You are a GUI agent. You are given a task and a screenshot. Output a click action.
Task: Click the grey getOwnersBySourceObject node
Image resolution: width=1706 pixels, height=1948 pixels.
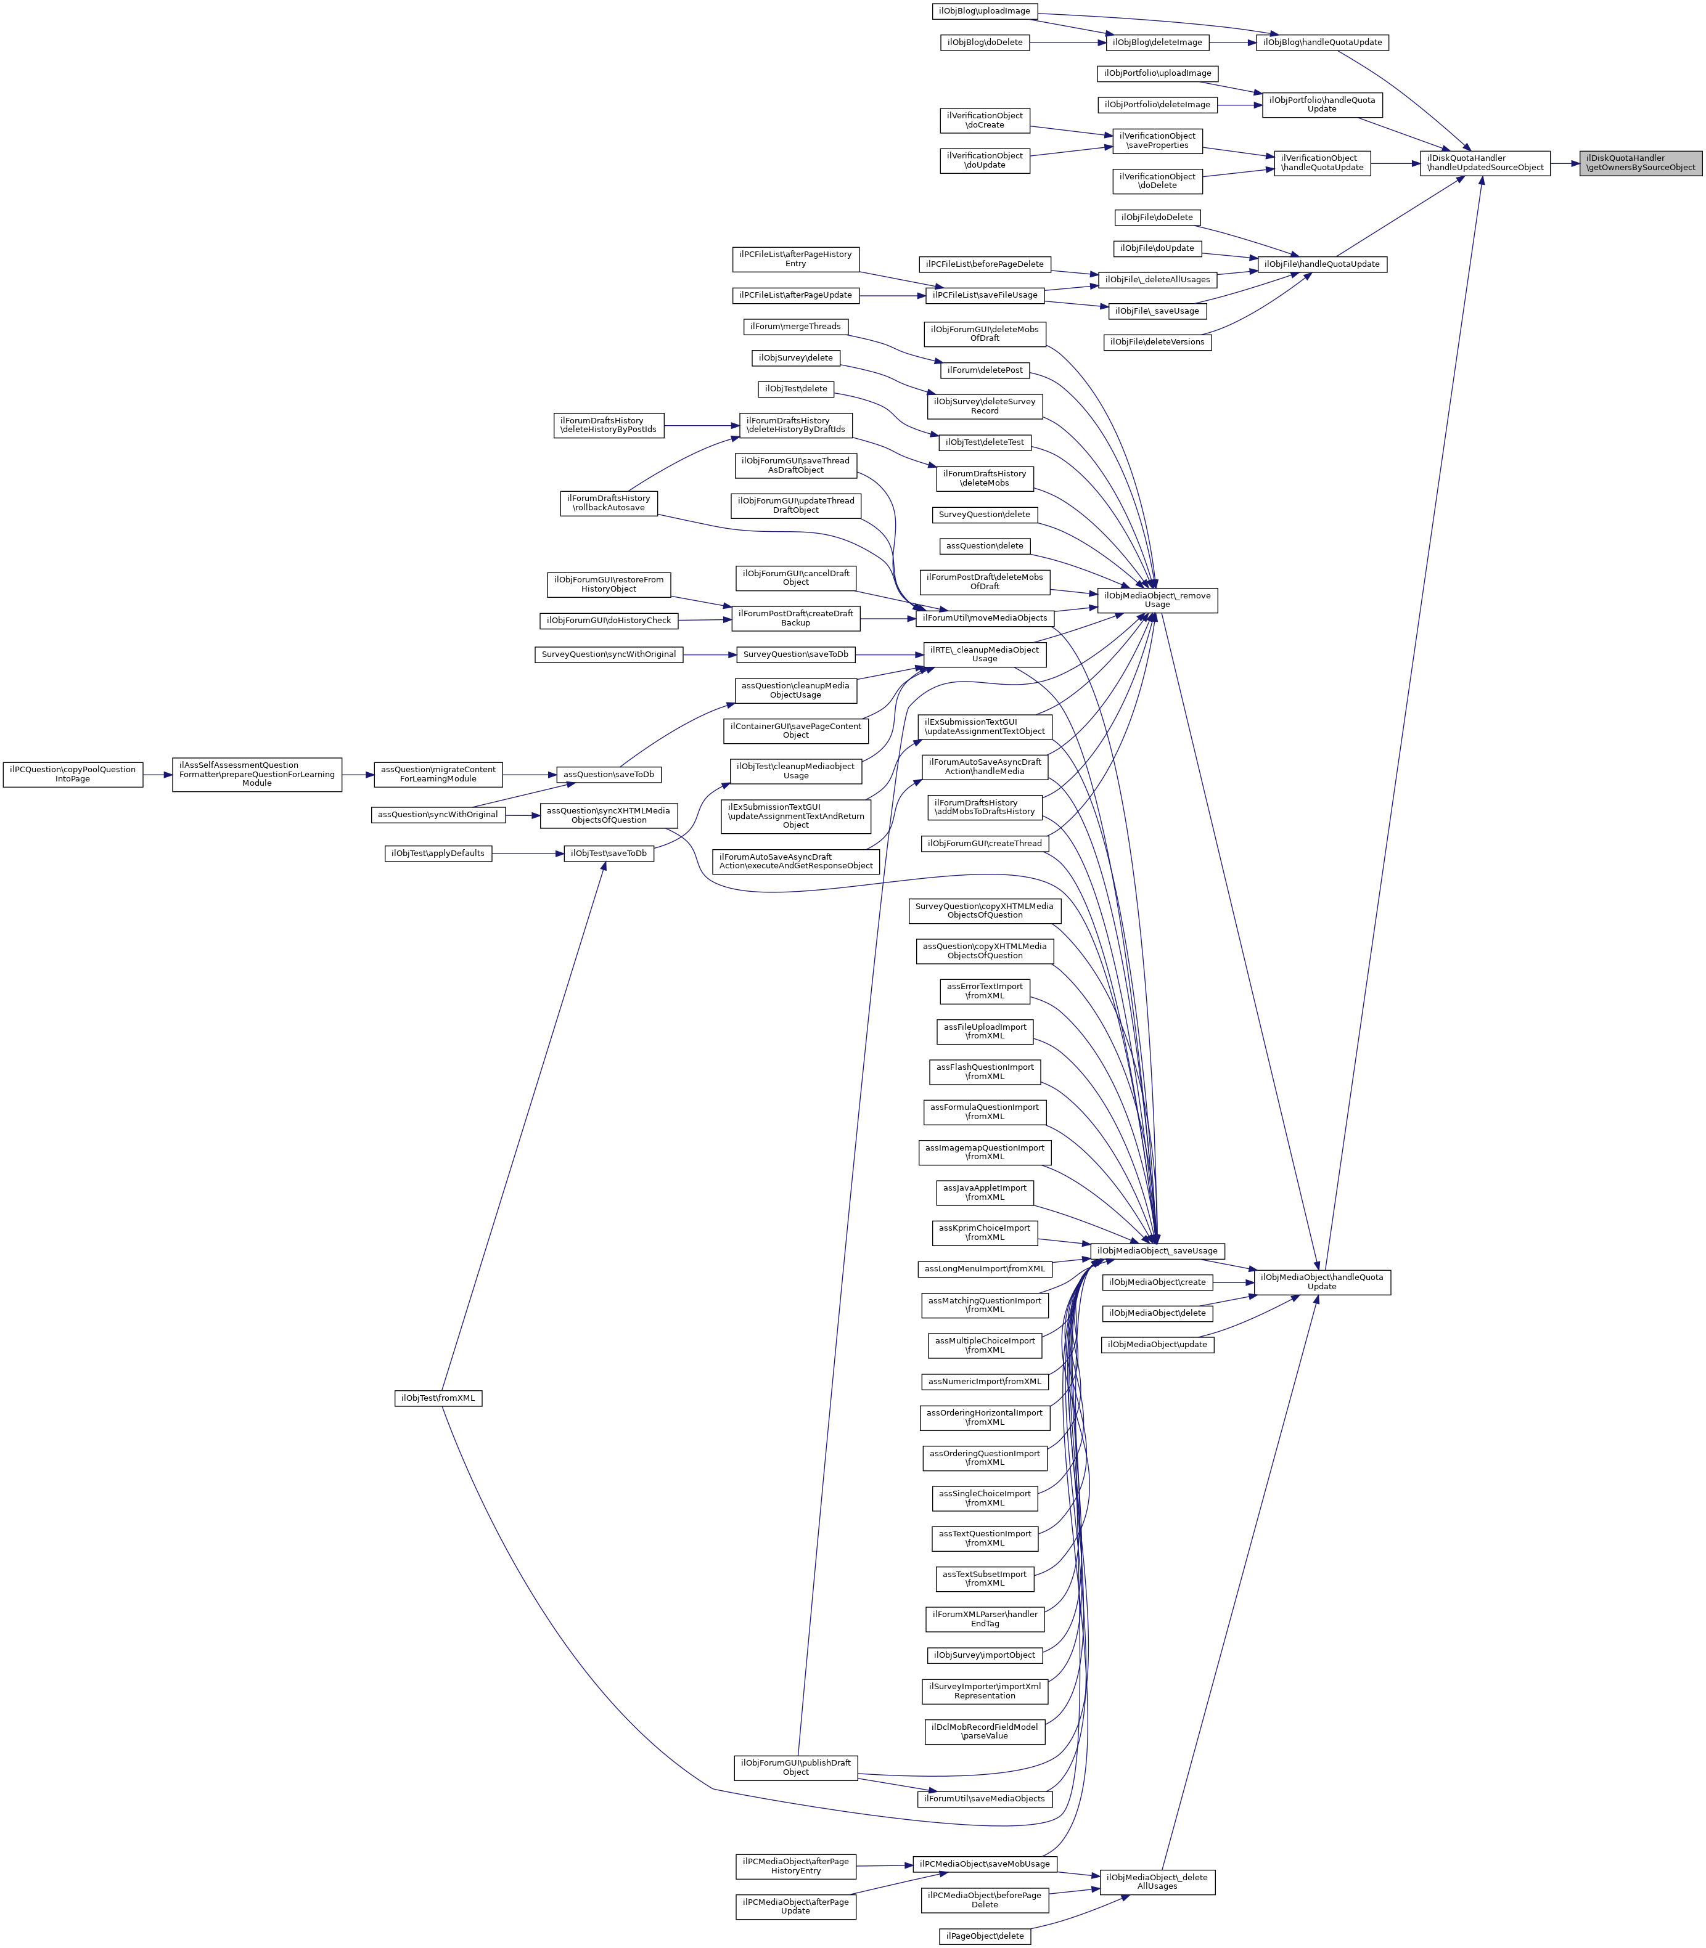pos(1640,163)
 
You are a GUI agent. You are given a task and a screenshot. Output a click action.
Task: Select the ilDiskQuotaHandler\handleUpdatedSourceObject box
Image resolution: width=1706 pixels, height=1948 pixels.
pos(1485,163)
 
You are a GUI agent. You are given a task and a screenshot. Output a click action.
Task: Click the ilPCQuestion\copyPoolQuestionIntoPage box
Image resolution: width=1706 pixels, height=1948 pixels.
pos(72,773)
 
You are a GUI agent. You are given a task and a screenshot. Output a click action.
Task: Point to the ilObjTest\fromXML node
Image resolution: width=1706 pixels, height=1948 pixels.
pos(438,1398)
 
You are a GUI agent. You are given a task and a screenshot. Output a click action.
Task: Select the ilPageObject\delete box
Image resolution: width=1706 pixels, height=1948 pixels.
pos(985,1936)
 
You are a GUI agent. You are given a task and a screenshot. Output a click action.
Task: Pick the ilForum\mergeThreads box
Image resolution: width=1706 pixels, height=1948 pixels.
pos(795,327)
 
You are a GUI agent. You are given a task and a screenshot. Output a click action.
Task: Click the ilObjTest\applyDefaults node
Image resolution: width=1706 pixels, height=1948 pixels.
pos(438,854)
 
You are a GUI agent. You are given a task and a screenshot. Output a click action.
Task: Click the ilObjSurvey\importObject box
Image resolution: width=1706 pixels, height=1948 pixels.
pos(985,1655)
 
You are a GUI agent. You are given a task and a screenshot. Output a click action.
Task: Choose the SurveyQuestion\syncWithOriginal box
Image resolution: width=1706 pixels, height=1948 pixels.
pos(609,654)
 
